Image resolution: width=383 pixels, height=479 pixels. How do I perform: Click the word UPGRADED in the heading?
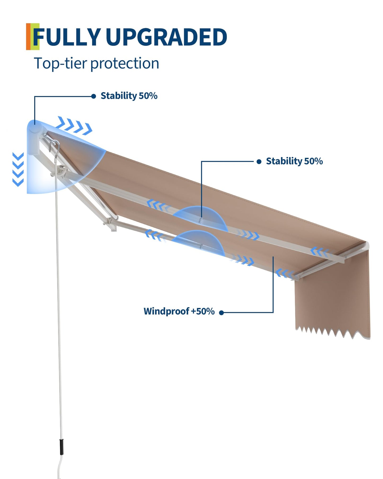(166, 37)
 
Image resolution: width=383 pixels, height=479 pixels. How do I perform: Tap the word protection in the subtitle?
(125, 64)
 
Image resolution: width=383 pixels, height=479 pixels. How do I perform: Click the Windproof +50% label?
(179, 311)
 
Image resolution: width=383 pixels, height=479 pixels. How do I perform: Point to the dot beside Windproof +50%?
(221, 313)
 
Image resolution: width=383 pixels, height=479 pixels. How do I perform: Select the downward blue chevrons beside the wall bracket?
(18, 169)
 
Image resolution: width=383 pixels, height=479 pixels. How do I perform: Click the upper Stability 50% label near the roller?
(129, 96)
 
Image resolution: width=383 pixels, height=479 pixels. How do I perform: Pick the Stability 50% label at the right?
(294, 161)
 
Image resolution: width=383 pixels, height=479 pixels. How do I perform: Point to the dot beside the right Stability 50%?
(259, 162)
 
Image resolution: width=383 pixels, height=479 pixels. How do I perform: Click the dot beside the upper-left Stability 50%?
(94, 96)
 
